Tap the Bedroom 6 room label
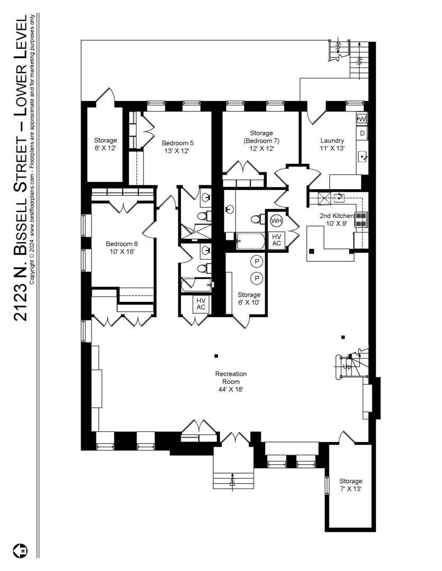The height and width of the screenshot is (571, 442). pos(122,247)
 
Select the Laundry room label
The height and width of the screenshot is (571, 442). pos(332,144)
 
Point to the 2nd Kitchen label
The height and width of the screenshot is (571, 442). pos(337,219)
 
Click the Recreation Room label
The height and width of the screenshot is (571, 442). pos(231,382)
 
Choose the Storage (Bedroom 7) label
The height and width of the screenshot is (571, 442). pos(261,141)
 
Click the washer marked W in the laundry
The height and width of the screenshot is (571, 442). pos(362,119)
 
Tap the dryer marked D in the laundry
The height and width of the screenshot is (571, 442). pos(362,133)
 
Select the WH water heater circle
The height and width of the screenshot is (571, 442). pos(276,220)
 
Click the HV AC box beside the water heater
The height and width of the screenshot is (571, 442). pos(276,240)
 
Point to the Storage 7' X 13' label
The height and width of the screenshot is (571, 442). pos(351,485)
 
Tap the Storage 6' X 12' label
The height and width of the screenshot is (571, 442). pos(105,144)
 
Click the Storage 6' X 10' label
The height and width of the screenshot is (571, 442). pos(249,298)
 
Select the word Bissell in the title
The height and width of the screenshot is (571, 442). pos(21,225)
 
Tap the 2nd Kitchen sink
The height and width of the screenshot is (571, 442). pos(339,198)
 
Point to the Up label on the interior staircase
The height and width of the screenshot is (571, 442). pos(347,367)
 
